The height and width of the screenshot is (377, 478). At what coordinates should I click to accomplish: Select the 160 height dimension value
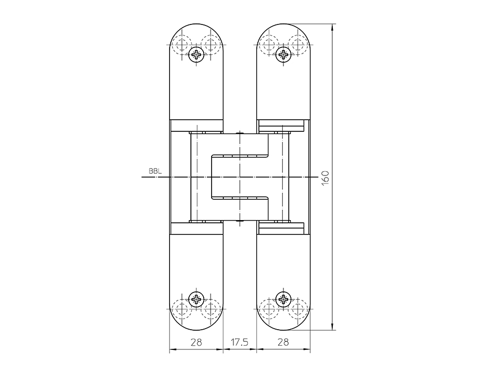(x=325, y=177)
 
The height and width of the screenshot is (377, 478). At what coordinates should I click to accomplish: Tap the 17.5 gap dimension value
(x=239, y=342)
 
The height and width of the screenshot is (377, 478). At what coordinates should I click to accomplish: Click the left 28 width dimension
(x=196, y=342)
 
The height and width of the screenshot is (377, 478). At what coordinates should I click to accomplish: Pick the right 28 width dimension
(x=283, y=342)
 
